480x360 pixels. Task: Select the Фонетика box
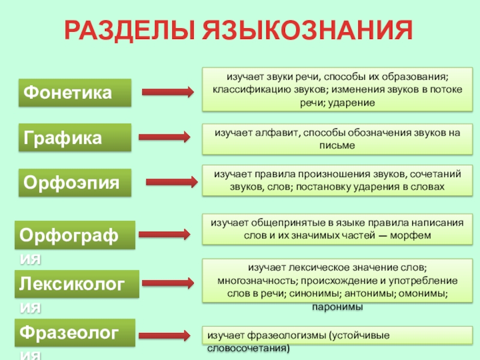tap(75, 93)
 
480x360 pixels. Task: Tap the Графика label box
tap(75, 137)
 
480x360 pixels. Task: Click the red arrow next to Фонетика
tap(167, 92)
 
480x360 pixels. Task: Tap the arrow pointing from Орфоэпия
tap(172, 181)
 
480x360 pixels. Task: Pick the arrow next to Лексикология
tap(169, 283)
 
